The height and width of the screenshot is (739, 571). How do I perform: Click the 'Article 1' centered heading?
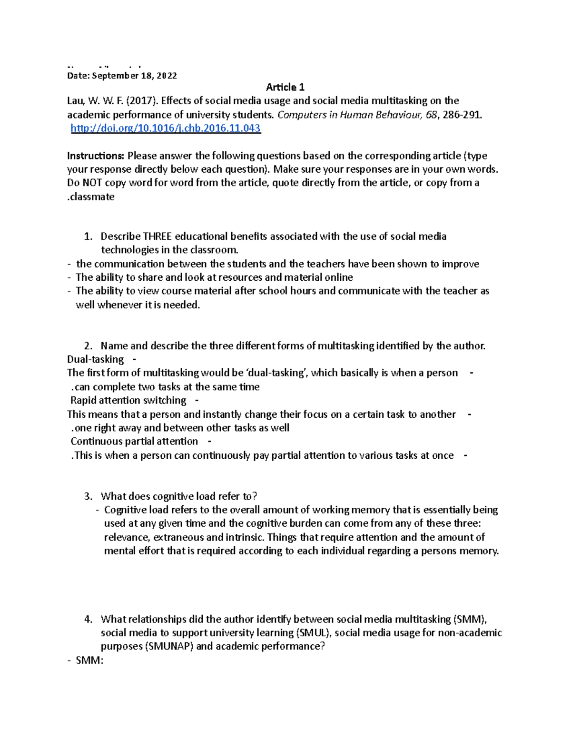point(285,87)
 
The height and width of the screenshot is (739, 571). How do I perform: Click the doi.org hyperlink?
point(166,128)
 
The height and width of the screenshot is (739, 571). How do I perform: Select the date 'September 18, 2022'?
point(134,76)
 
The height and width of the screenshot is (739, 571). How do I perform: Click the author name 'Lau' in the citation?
point(75,101)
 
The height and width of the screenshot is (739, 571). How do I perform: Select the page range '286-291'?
point(461,115)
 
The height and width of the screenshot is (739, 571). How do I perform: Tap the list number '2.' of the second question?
point(88,346)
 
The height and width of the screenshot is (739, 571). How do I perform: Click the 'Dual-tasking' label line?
point(96,359)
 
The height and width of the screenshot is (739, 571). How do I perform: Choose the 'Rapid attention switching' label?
point(128,400)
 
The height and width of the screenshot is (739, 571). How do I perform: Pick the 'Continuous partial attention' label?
point(134,441)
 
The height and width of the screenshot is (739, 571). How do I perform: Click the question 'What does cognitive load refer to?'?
point(179,496)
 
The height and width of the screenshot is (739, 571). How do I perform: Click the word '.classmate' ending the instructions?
point(91,197)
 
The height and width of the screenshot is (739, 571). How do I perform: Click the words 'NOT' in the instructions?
point(92,183)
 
